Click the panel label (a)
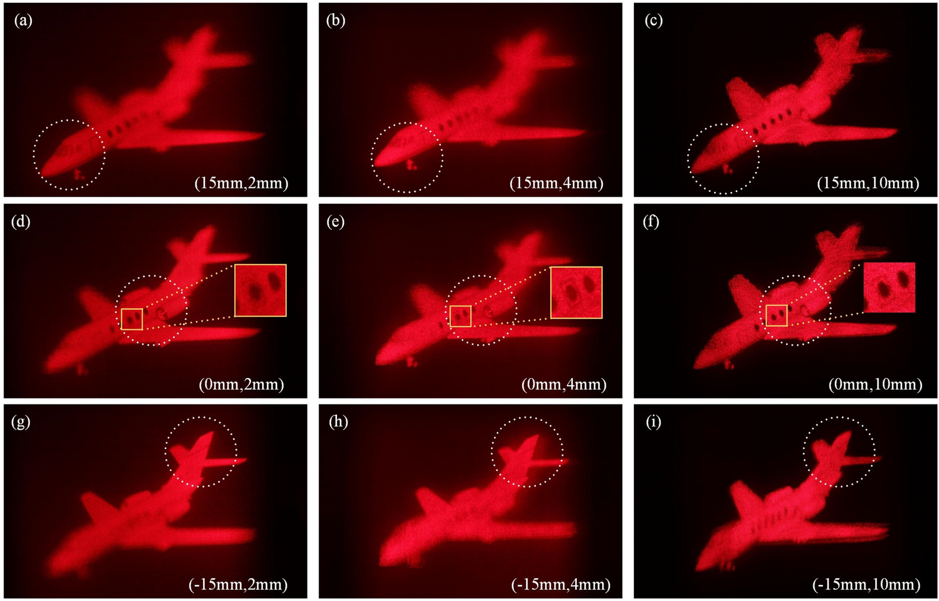[x=23, y=21]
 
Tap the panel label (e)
[x=335, y=222]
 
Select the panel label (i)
[x=653, y=423]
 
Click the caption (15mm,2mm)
[x=241, y=183]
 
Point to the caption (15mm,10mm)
[x=868, y=183]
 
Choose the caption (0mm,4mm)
[x=563, y=384]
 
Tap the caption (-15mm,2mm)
[x=238, y=585]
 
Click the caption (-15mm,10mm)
[x=866, y=585]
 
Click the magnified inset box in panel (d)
[x=261, y=291]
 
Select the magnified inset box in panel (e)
[x=576, y=292]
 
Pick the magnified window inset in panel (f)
[x=889, y=288]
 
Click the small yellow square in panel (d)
[x=132, y=319]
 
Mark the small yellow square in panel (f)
[x=776, y=315]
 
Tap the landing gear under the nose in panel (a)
[x=79, y=174]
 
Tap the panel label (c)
[x=653, y=21]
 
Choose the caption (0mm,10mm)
[x=875, y=384]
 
